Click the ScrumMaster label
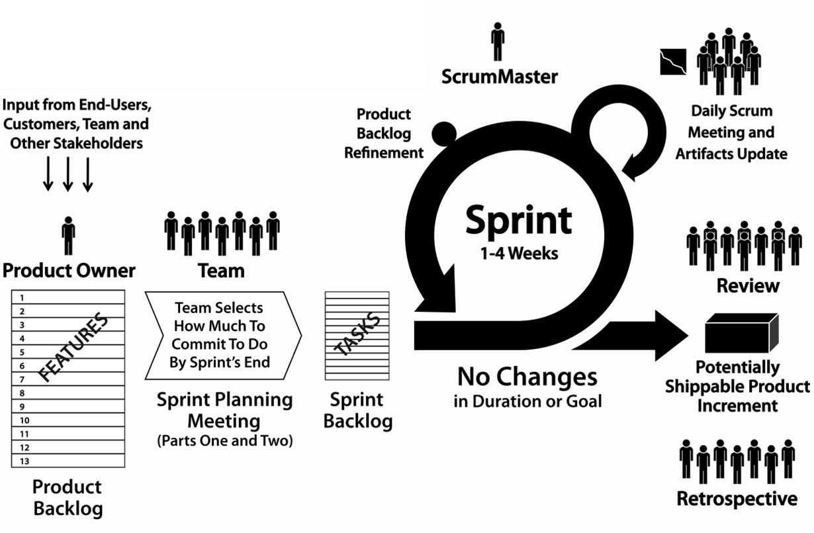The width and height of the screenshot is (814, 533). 500,77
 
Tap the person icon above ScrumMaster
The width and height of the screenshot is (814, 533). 498,42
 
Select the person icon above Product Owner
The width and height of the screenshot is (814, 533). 68,236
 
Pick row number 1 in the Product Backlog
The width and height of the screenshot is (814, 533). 22,298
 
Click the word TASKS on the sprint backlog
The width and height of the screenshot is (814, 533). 359,334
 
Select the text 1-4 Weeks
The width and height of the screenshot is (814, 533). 518,253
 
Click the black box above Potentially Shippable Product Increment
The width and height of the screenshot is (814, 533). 741,334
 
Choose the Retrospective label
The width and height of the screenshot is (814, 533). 737,499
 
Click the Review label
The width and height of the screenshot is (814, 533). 748,285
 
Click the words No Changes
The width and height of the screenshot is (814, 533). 527,377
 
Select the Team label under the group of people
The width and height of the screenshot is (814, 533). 222,270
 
